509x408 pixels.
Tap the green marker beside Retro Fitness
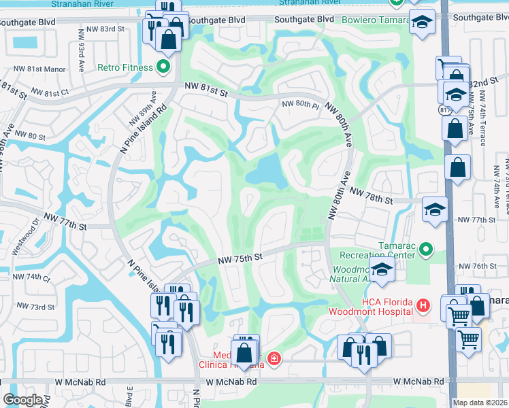pyautogui.click(x=163, y=67)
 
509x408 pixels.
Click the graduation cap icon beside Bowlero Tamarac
pyautogui.click(x=422, y=22)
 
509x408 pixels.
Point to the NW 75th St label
pyautogui.click(x=240, y=258)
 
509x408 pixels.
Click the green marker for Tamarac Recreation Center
pyautogui.click(x=427, y=250)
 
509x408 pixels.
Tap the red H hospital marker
pyautogui.click(x=423, y=306)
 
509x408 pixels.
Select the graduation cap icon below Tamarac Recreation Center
pyautogui.click(x=382, y=270)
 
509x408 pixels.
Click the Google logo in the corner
pyautogui.click(x=23, y=400)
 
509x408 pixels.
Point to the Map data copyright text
pyautogui.click(x=480, y=403)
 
